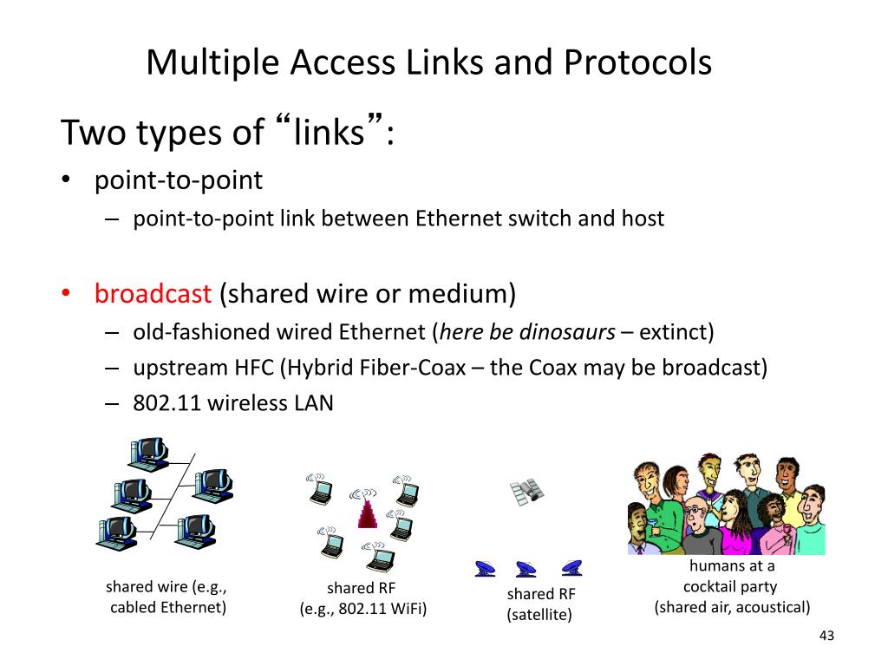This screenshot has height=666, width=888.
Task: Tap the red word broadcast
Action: point(153,294)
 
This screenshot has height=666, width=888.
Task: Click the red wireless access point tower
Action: point(368,513)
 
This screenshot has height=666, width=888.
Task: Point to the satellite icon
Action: point(526,491)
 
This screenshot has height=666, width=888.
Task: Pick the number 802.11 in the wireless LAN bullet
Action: point(160,403)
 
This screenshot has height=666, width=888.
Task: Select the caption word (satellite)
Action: point(539,615)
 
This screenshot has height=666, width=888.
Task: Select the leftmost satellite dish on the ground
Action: point(485,569)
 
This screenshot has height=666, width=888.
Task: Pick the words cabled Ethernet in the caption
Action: point(168,607)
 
